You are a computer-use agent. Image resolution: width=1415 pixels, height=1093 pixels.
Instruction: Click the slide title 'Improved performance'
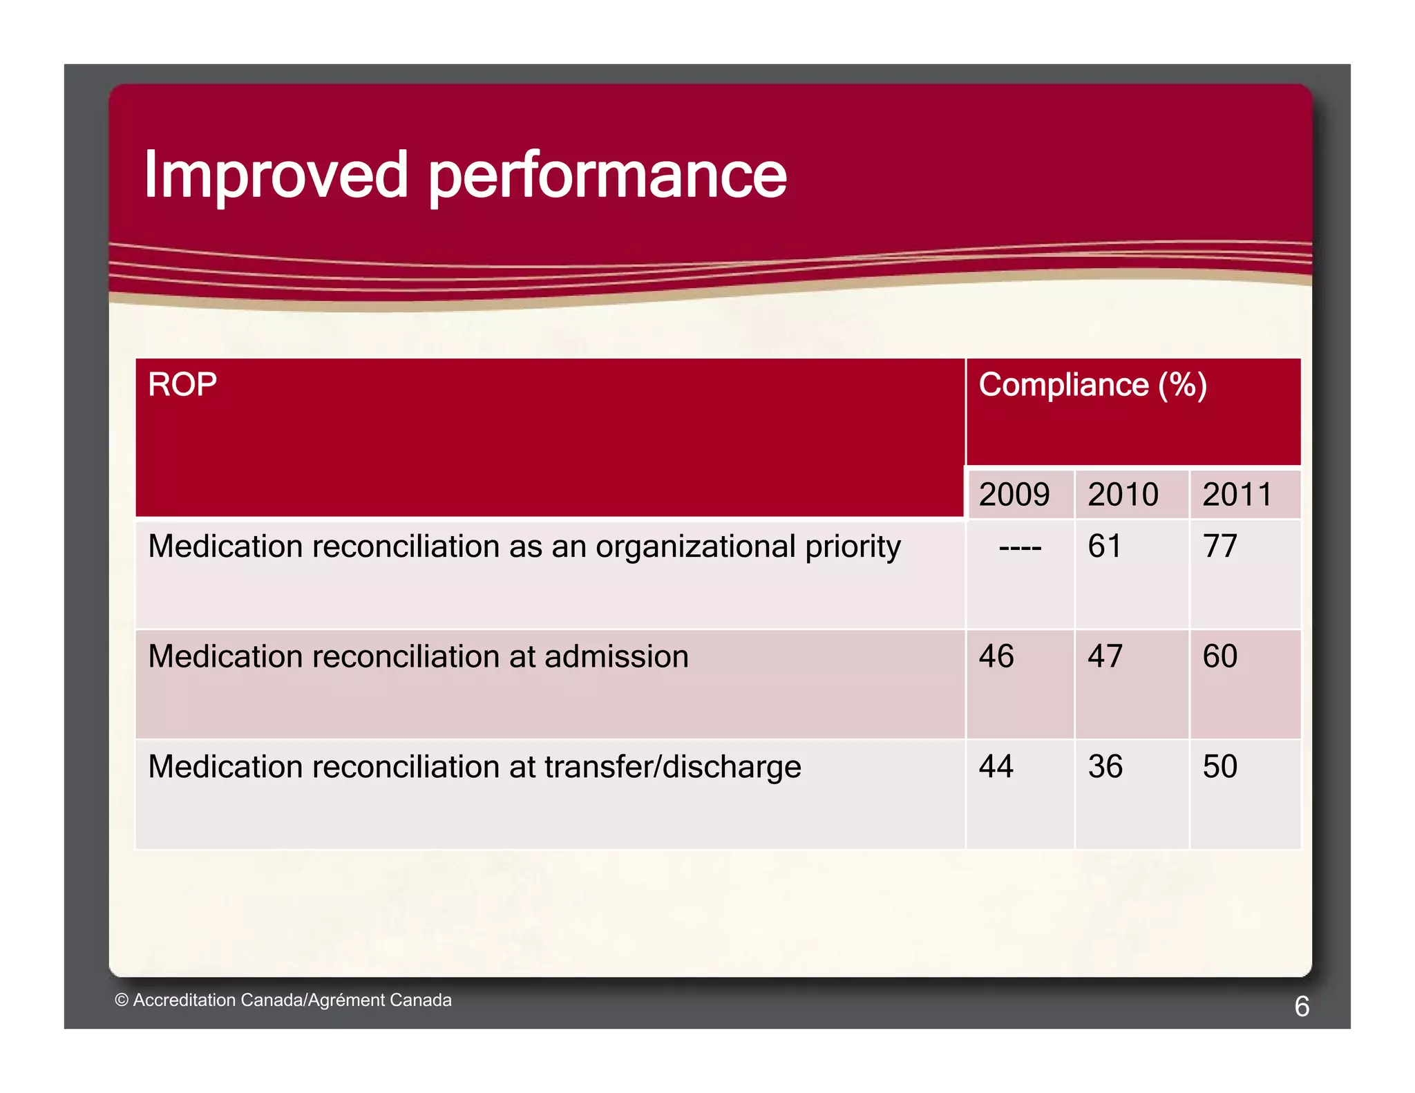click(x=464, y=175)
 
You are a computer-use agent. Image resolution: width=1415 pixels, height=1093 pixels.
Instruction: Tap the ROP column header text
click(x=182, y=385)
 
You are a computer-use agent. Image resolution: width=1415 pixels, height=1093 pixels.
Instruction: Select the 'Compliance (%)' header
click(x=1092, y=385)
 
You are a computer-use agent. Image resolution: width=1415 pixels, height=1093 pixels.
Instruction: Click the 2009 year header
click(x=1014, y=495)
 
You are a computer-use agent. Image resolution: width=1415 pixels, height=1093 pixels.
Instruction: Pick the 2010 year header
click(x=1123, y=495)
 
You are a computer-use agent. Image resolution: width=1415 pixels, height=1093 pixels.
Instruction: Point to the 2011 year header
click(x=1237, y=495)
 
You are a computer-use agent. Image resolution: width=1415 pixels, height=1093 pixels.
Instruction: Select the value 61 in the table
click(x=1104, y=546)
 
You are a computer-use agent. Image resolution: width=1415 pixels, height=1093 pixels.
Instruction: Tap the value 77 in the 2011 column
click(x=1219, y=546)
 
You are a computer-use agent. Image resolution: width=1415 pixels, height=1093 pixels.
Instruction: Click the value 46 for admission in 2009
click(x=996, y=656)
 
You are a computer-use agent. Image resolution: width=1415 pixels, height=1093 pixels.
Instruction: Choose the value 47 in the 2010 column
click(x=1105, y=656)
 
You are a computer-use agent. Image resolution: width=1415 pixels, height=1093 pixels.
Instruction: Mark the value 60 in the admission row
click(x=1219, y=656)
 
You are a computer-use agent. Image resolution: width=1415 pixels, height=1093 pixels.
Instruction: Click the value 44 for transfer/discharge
click(x=996, y=767)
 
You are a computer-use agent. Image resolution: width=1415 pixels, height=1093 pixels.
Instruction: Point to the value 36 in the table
click(x=1105, y=767)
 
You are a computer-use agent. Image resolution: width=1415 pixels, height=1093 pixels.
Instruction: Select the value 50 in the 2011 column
click(x=1219, y=767)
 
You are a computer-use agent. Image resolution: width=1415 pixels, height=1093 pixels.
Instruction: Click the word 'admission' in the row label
click(x=616, y=656)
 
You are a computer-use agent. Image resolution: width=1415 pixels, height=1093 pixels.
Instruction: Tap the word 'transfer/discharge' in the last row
click(x=672, y=768)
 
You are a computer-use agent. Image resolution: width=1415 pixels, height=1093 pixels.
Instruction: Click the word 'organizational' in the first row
click(x=696, y=547)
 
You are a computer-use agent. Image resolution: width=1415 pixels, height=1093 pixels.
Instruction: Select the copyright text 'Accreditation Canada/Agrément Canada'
click(x=292, y=1000)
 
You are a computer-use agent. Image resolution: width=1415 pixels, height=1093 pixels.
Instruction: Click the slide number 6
click(x=1302, y=1007)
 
